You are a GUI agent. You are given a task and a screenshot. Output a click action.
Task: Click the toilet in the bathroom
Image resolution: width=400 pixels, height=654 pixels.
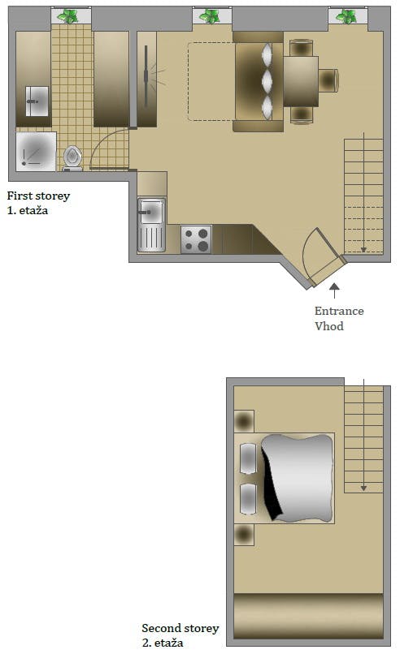[x=72, y=157]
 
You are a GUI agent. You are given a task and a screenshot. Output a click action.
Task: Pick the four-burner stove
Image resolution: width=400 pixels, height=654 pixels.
[x=196, y=239]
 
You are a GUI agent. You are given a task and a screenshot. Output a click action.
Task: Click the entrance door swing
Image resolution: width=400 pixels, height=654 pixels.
[x=317, y=252]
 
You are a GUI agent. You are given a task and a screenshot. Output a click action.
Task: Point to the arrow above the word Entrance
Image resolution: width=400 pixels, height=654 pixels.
[x=333, y=288]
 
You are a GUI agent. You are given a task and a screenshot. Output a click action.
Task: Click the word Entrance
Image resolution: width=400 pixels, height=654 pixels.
[x=339, y=311]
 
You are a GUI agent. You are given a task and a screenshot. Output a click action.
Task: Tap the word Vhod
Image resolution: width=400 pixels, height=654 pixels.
[x=329, y=326]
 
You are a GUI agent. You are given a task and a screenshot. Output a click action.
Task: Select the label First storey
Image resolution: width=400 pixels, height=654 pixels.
[x=38, y=196]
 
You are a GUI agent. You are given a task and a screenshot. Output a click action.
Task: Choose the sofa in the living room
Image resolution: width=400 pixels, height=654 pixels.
[x=258, y=81]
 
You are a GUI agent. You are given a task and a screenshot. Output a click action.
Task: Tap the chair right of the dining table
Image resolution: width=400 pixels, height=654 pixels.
[x=328, y=81]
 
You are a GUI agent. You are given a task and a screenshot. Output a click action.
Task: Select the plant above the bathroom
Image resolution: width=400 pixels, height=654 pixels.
[x=71, y=15]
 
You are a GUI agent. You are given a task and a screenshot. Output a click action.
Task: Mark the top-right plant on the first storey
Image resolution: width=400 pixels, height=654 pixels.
[x=347, y=15]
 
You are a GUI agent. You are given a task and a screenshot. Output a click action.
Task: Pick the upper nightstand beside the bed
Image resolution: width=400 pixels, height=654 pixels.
[x=244, y=421]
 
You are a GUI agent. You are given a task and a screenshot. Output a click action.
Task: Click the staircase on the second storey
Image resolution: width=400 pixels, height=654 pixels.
[x=363, y=438]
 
